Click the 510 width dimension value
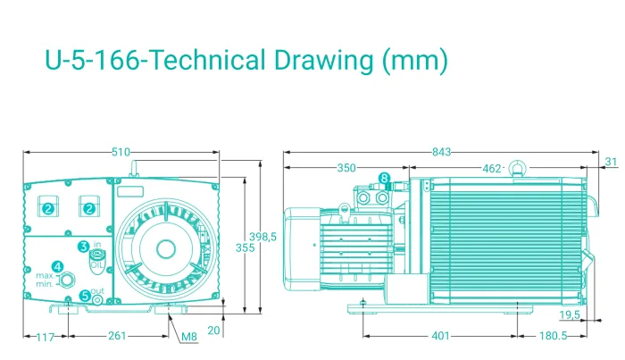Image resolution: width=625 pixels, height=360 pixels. pos(121,152)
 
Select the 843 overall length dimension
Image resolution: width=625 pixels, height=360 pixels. pos(442,152)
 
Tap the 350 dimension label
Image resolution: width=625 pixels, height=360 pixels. pos(346,168)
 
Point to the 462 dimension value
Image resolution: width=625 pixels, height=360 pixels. pos(491,169)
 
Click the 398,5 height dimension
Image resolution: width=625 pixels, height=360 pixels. pos(262,237)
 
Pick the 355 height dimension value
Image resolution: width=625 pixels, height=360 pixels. pos(245,247)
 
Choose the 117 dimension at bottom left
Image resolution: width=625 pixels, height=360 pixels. pos(45,338)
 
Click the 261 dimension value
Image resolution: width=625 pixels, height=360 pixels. pos(117,336)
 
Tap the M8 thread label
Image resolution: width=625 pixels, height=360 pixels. pos(189,337)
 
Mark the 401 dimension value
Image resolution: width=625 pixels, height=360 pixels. pos(440,336)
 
